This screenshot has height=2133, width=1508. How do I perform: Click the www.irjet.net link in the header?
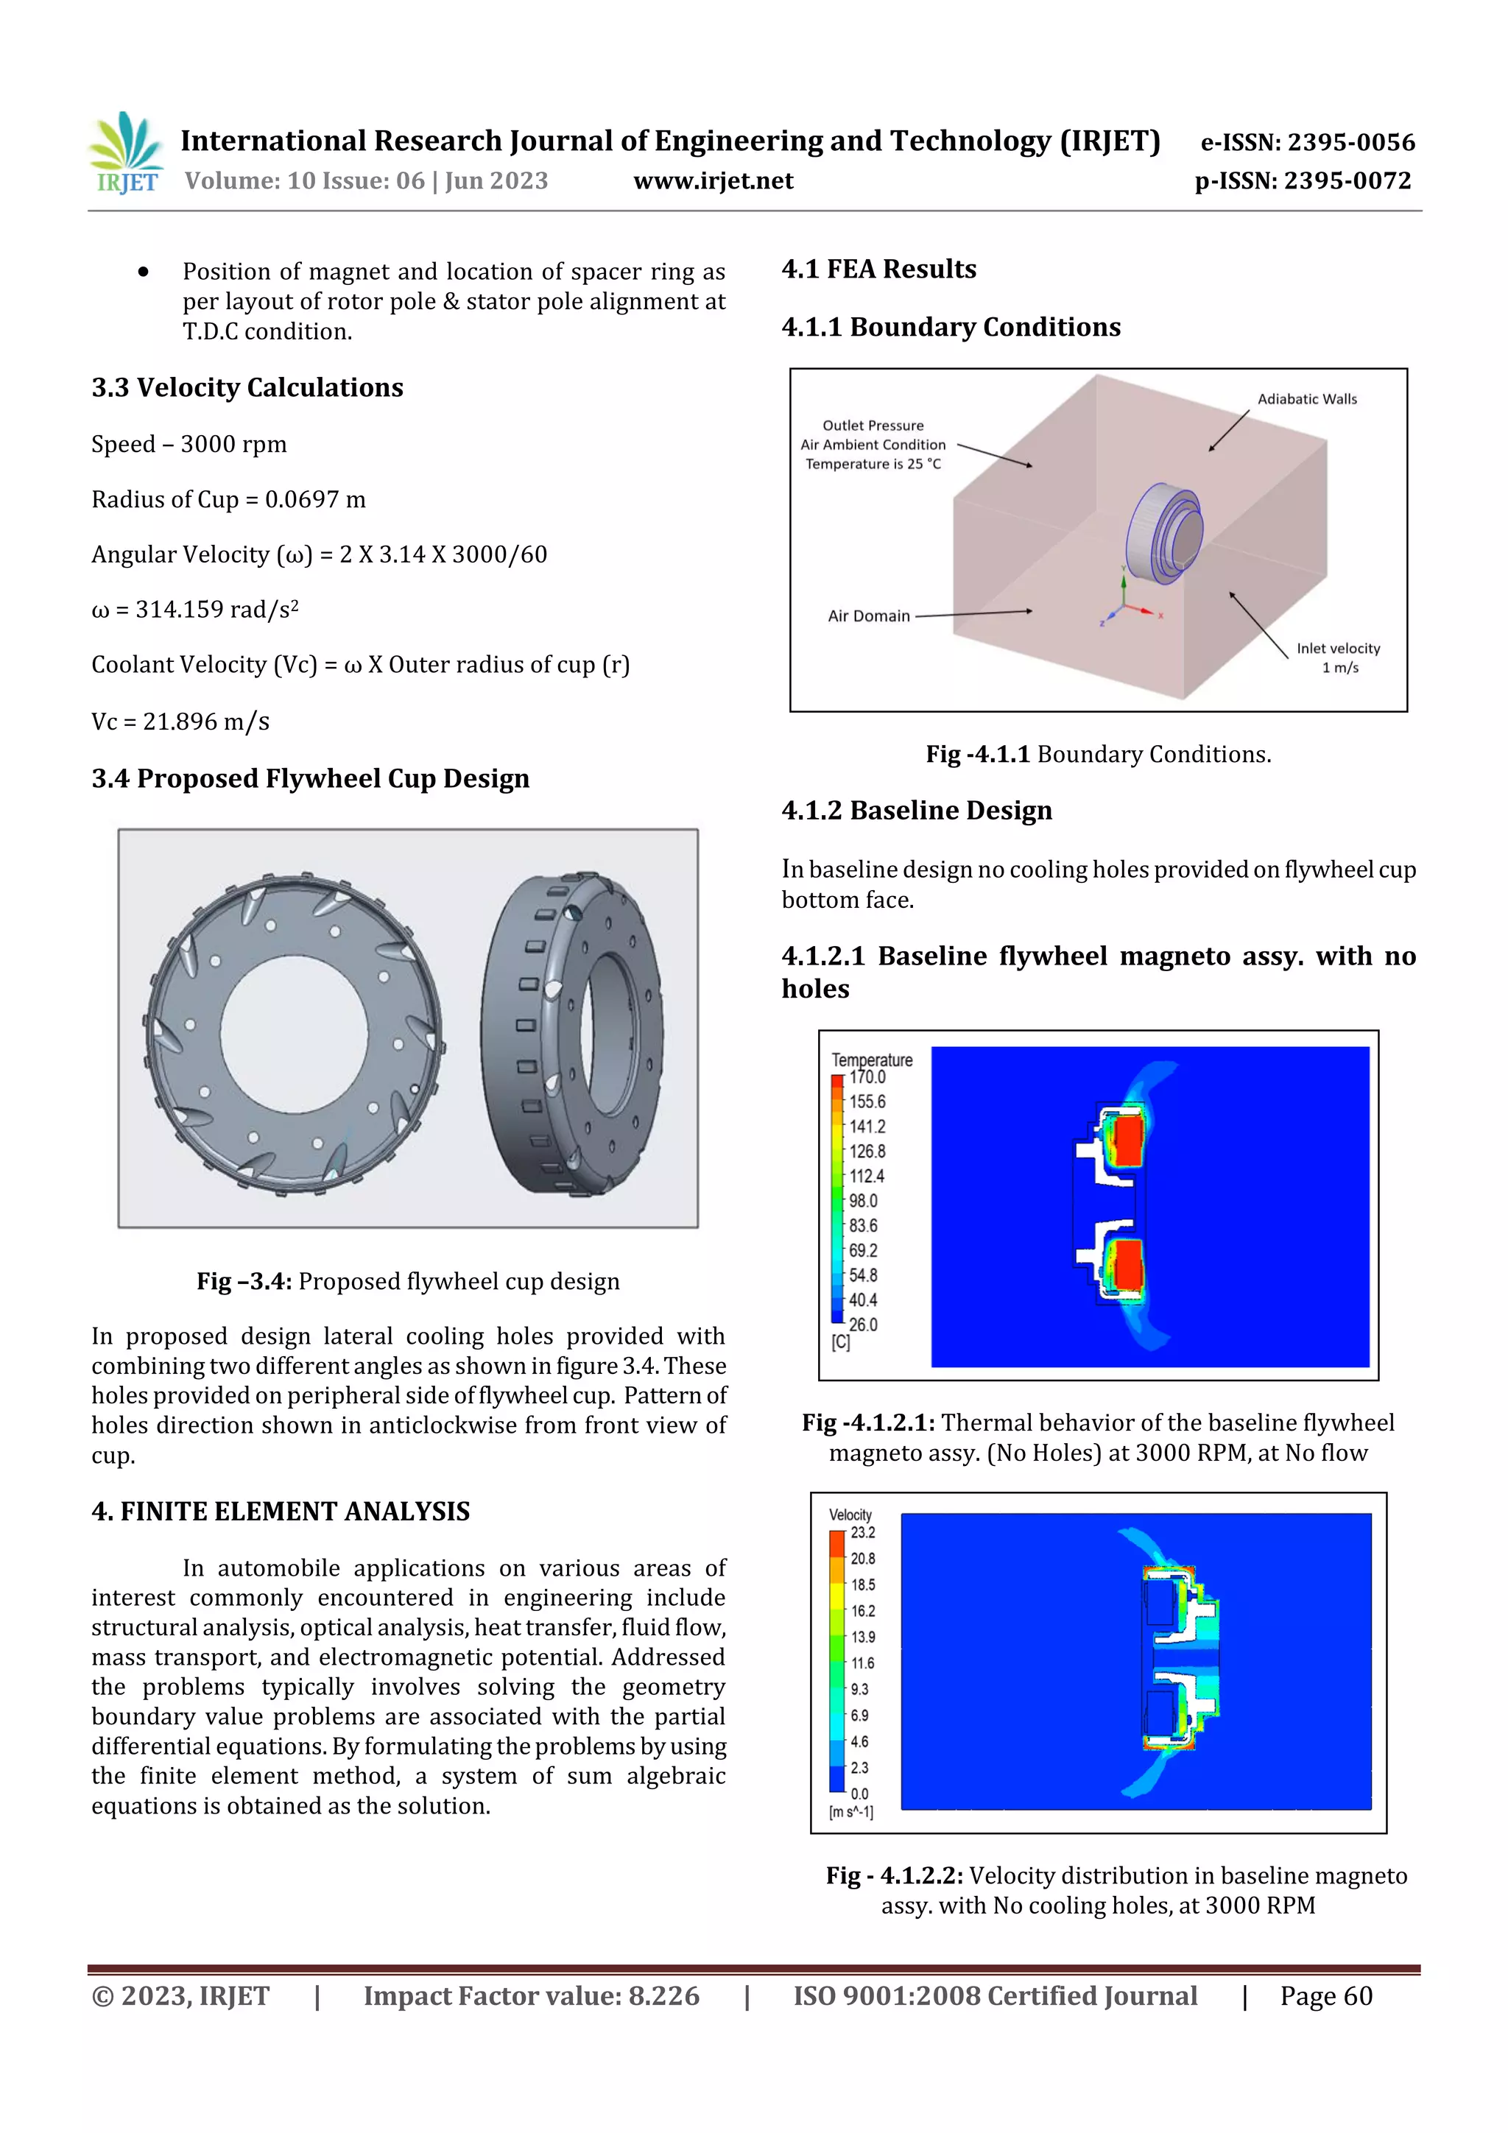coord(713,180)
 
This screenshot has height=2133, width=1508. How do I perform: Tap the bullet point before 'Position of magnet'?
coord(143,272)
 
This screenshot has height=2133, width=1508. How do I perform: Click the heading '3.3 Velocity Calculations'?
coord(247,387)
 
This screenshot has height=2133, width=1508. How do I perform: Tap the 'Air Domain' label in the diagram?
coord(868,616)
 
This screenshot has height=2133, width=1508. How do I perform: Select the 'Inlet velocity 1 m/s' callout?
coord(1338,657)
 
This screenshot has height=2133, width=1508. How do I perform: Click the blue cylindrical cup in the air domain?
coord(1163,535)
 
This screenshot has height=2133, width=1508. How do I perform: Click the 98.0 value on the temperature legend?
coord(862,1201)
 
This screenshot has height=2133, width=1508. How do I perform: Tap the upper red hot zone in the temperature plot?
coord(1127,1142)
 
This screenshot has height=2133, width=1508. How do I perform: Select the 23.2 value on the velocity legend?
coord(862,1533)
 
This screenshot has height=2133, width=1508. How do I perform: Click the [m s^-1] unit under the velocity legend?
coord(850,1813)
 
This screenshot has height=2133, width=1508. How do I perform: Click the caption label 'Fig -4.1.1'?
coord(976,755)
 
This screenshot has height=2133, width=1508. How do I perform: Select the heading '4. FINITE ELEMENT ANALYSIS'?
coord(281,1512)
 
